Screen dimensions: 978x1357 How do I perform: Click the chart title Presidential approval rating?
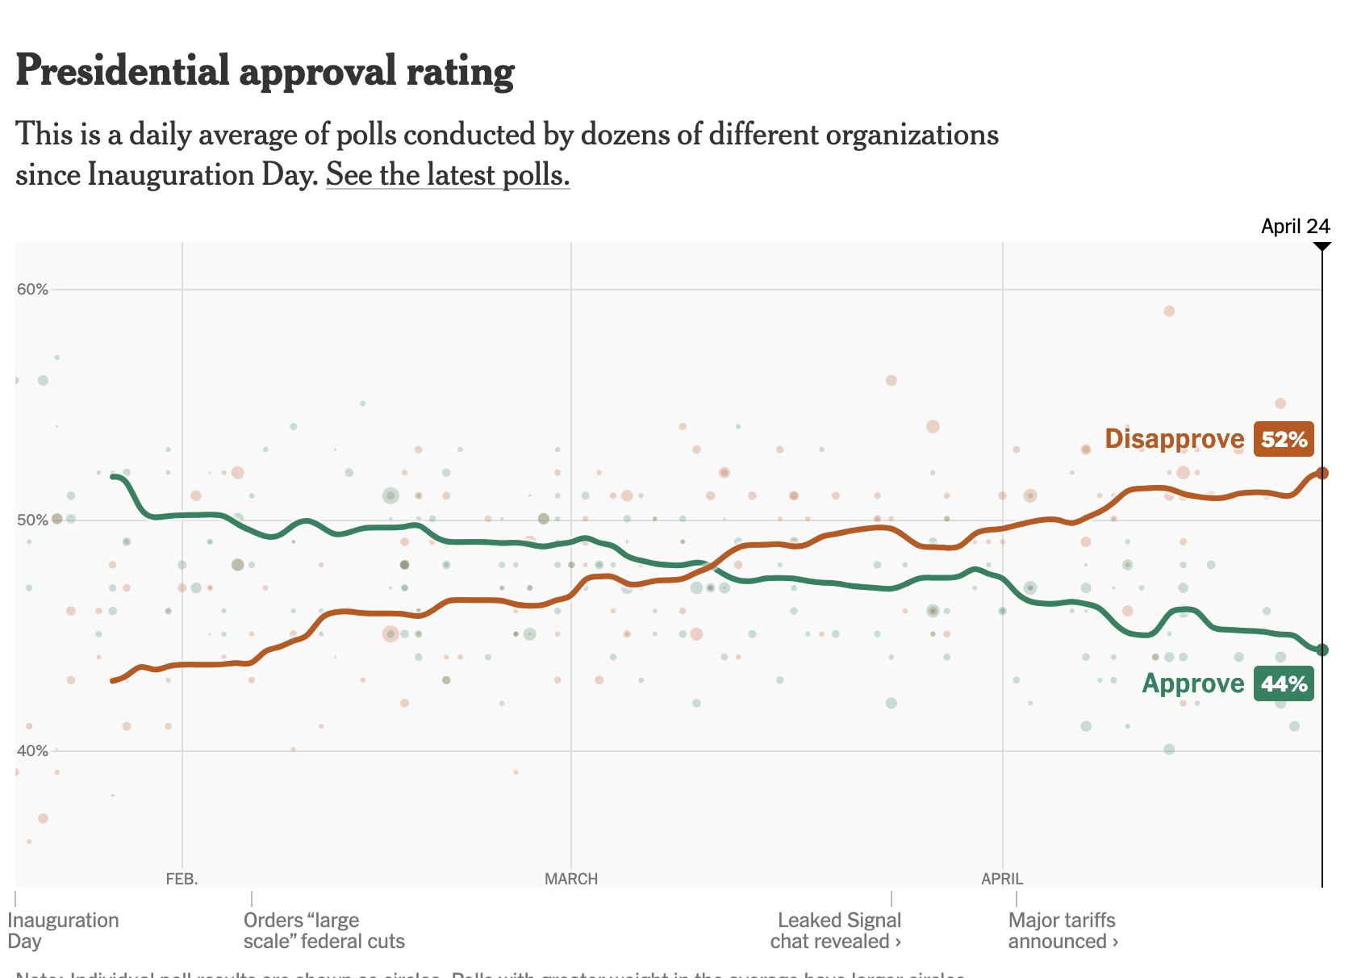coord(265,71)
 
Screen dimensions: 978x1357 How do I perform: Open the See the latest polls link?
coord(448,174)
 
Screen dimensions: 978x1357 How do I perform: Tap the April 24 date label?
coord(1295,226)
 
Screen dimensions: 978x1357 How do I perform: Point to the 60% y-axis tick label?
coord(33,289)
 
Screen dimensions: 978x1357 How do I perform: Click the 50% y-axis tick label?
coord(33,520)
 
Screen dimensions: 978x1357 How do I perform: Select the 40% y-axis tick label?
coord(33,751)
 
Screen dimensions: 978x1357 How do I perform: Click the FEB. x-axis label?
coord(182,879)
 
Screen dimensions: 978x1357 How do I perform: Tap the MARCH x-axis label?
coord(571,879)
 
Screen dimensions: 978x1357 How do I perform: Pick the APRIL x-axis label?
coord(1002,879)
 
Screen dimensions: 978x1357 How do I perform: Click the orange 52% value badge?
coord(1284,440)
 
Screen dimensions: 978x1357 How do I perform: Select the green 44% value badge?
coord(1284,684)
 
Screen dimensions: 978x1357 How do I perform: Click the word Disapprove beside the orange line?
coord(1175,439)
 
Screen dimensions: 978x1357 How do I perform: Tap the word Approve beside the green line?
coord(1193,683)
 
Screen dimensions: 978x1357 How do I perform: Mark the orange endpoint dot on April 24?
coord(1322,473)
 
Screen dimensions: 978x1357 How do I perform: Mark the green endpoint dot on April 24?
coord(1322,650)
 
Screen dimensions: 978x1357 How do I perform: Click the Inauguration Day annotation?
coord(63,930)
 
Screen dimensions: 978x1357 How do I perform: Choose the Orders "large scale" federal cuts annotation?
coord(324,930)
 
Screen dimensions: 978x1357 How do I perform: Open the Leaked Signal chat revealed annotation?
coord(836,930)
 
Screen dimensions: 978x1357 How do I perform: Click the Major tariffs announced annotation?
coord(1063,930)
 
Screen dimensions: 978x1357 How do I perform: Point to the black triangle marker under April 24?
coord(1322,245)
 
